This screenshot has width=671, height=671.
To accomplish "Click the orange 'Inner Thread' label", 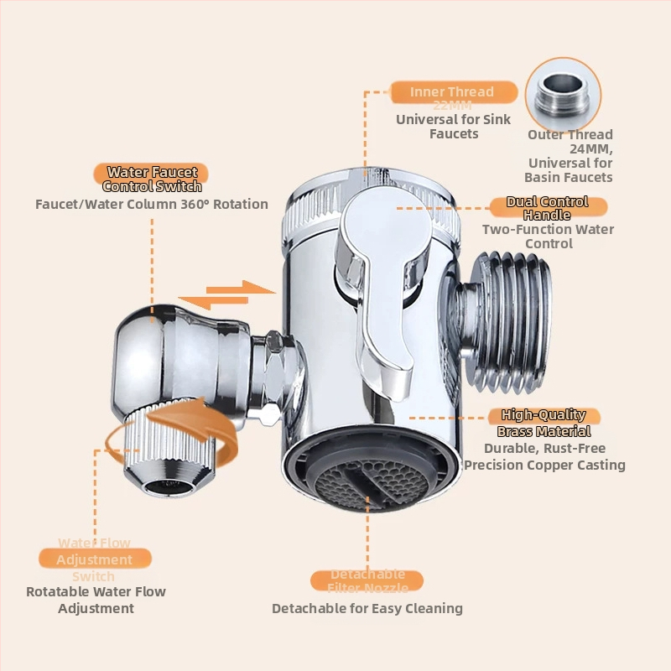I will tap(451, 92).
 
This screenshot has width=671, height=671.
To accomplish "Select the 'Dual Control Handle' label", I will tap(546, 208).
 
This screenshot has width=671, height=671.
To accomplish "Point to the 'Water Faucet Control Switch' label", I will tap(152, 179).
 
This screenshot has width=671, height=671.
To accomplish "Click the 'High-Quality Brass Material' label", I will tap(544, 423).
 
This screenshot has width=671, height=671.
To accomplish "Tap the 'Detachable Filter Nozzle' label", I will tap(367, 581).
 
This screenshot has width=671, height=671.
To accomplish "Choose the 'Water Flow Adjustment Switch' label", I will tap(95, 559).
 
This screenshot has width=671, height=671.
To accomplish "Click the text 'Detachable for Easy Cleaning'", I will tap(367, 608).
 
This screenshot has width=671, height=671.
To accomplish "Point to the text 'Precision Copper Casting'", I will tap(545, 465).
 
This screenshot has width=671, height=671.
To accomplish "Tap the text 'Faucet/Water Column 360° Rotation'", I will tap(152, 204).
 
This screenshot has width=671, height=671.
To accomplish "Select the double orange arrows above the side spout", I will tap(229, 294).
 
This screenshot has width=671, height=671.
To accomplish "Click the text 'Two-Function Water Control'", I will tap(548, 237).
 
